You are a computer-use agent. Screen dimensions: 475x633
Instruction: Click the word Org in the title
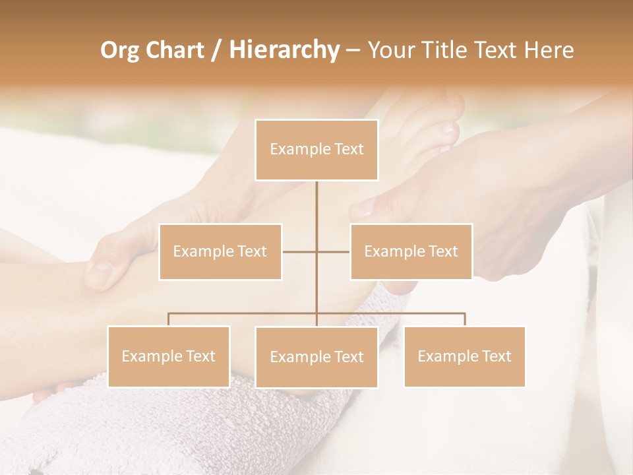click(121, 50)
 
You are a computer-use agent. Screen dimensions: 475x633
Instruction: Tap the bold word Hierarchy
click(284, 50)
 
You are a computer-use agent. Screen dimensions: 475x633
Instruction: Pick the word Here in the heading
click(549, 50)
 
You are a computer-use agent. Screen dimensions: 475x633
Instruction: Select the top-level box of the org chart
click(316, 150)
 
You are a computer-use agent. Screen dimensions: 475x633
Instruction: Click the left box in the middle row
click(220, 251)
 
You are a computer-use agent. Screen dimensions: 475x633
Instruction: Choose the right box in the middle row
click(411, 251)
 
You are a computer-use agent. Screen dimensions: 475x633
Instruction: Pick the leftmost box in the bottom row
click(169, 356)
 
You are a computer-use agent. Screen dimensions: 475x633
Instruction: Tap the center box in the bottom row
click(316, 357)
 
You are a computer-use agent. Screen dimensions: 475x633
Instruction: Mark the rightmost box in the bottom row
click(465, 356)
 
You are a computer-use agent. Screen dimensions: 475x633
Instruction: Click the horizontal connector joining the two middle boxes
click(300, 251)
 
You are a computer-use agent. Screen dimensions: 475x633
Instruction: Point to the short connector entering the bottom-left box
click(169, 319)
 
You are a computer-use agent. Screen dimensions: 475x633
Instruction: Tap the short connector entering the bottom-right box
click(465, 319)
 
